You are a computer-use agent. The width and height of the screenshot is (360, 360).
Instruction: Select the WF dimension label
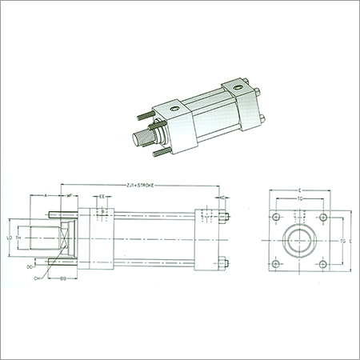[70, 195]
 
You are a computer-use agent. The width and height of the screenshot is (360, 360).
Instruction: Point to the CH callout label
[37, 279]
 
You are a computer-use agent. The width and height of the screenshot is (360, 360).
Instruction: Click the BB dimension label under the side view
[62, 278]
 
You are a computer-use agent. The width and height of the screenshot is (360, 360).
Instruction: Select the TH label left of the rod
[19, 238]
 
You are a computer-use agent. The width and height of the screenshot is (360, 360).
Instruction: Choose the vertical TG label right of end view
[343, 239]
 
